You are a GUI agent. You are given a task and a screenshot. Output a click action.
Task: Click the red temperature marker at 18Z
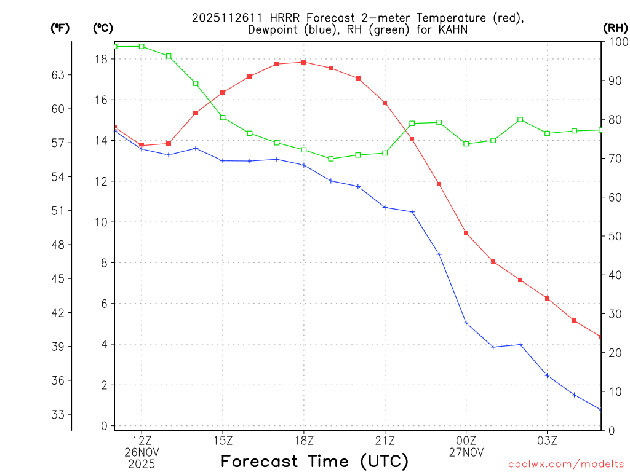(x=304, y=62)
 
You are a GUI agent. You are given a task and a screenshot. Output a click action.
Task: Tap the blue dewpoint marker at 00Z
(x=466, y=323)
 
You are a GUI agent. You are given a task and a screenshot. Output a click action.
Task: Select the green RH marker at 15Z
(x=223, y=117)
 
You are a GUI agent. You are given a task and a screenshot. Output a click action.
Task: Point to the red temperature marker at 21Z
(x=385, y=103)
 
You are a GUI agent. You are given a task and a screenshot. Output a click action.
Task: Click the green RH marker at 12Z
(x=142, y=46)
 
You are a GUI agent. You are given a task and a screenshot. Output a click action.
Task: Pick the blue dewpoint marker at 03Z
(x=547, y=376)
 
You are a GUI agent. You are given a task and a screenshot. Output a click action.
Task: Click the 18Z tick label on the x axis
(x=304, y=440)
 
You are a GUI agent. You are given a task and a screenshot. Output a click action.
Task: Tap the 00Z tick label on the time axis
(x=466, y=440)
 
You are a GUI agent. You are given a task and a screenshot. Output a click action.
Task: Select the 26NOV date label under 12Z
(x=142, y=452)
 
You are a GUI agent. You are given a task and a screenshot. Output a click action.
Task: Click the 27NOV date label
(x=466, y=452)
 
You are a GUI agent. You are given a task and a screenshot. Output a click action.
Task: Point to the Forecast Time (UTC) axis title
(x=314, y=461)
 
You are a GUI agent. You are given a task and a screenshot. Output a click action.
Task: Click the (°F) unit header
(x=60, y=28)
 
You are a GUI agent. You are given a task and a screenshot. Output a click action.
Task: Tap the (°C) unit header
(x=103, y=28)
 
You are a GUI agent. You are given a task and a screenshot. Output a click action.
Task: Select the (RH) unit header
(x=615, y=28)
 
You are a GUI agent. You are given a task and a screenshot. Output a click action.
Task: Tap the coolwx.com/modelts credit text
(x=566, y=463)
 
